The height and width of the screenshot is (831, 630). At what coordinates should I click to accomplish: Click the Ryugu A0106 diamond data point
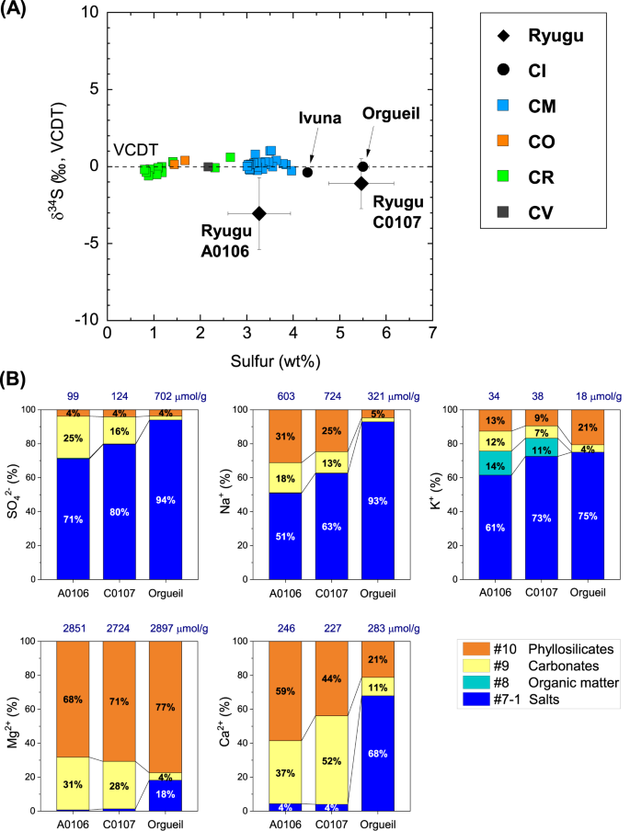[259, 213]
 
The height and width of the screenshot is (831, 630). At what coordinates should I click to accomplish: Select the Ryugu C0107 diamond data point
[361, 184]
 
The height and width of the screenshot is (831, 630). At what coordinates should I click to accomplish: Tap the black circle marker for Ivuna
[308, 172]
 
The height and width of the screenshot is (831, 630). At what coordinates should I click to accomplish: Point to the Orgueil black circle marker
[363, 166]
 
